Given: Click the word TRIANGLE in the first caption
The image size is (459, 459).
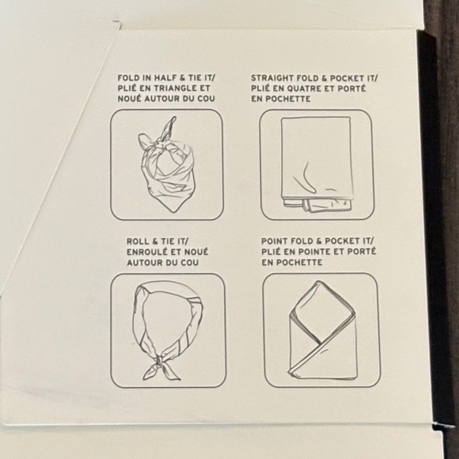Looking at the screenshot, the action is click(170, 88).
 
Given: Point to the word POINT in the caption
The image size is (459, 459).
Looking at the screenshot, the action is click(272, 241).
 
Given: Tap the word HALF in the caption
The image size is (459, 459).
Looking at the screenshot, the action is click(165, 78).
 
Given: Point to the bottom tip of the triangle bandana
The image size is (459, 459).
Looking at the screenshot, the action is click(173, 211).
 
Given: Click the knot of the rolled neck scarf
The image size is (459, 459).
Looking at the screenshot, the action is click(159, 360).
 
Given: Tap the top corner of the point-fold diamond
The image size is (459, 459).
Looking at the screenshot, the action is click(318, 282).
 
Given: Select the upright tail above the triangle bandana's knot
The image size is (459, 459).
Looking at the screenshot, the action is click(169, 128).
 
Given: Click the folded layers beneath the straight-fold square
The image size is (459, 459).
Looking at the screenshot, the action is click(317, 205).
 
